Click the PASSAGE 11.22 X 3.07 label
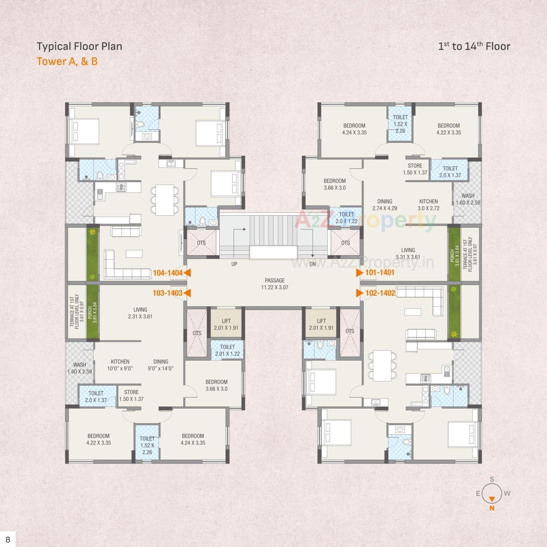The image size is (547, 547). pos(275,284)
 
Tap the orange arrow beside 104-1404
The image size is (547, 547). pos(187,273)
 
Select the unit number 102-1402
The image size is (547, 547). pos(380,293)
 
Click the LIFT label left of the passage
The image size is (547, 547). pos(226,324)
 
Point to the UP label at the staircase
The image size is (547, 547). pos(234,264)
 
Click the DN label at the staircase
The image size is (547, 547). pos(313,264)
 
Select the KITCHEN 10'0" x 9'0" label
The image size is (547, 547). pos(120,365)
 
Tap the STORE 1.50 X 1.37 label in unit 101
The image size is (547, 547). pos(415,169)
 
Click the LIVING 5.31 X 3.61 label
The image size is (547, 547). pos(408,253)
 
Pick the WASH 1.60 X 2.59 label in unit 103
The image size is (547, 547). pos(79,368)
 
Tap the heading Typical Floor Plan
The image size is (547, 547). pos(79,46)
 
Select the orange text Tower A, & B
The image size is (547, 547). pos(67,62)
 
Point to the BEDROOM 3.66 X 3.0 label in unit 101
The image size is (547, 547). pos(334,184)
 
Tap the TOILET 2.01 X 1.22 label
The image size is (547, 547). pos(227,350)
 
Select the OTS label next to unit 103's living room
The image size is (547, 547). pos(197,333)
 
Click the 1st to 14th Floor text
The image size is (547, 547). pos(474,46)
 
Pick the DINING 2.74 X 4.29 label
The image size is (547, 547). pos(385,205)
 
